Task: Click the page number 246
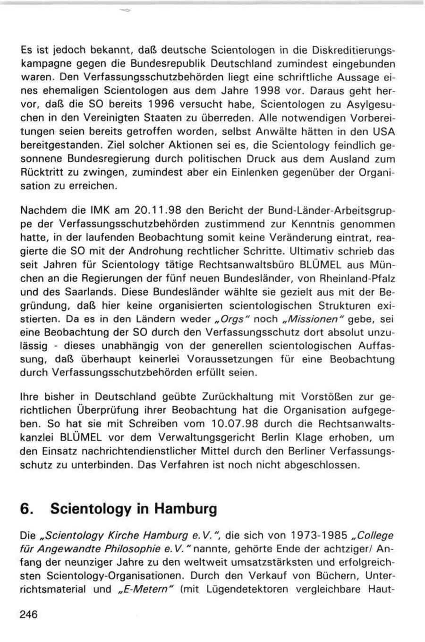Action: (29, 615)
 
